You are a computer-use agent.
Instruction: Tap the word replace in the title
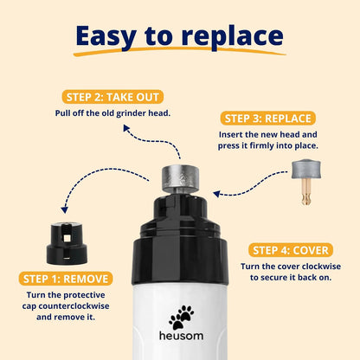pos(233,37)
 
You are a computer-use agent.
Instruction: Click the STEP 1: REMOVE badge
pos(66,279)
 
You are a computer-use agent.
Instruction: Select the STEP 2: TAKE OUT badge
pos(112,97)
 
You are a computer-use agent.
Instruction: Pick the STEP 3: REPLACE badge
pos(268,119)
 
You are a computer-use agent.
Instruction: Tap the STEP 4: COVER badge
pos(291,250)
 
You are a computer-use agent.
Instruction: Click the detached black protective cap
pos(67,243)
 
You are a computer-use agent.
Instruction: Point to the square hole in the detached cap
pos(67,238)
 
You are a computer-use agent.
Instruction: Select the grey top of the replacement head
pos(306,170)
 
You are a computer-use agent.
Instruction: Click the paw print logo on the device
pos(182,318)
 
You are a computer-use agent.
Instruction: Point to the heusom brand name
pos(181,336)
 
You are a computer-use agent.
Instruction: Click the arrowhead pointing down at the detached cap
pos(65,210)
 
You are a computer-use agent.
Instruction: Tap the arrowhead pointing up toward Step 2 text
pos(126,128)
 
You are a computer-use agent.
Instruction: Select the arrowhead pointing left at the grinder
pos(217,194)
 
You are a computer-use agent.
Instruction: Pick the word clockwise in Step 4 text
pos(321,267)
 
